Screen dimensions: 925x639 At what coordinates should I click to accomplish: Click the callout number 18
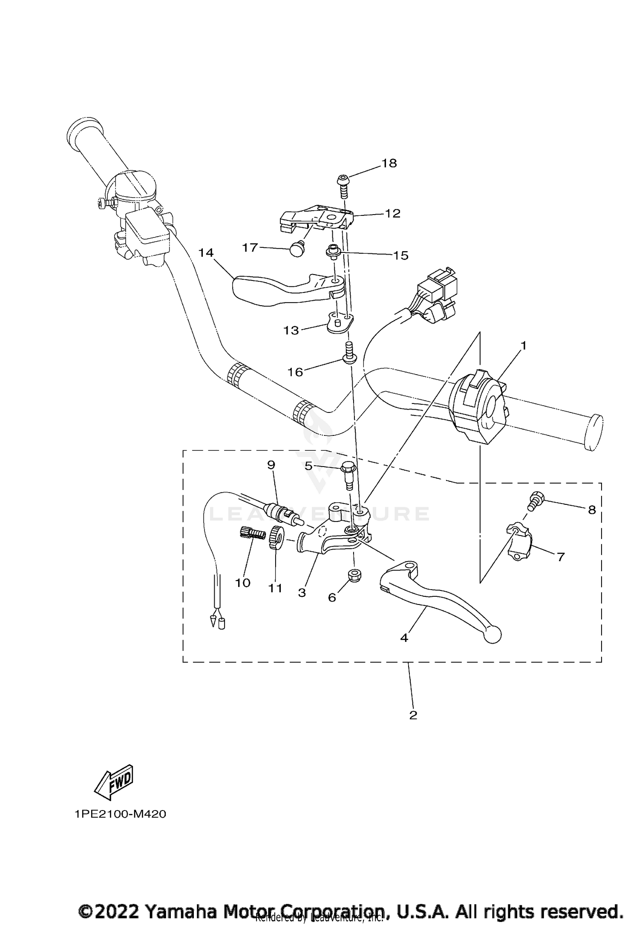tap(389, 163)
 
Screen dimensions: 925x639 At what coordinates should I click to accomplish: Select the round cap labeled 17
tap(295, 248)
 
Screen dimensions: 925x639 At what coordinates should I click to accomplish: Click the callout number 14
tap(206, 253)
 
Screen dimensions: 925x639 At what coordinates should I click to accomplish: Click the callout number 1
tap(524, 346)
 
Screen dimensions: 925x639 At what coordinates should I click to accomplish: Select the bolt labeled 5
tap(348, 475)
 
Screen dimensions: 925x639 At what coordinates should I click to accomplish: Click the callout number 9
tap(271, 465)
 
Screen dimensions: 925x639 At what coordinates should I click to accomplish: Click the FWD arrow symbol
tap(113, 782)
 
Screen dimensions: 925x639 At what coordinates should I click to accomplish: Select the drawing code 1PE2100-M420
tap(120, 814)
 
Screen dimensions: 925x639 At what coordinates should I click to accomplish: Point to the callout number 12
tap(393, 213)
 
